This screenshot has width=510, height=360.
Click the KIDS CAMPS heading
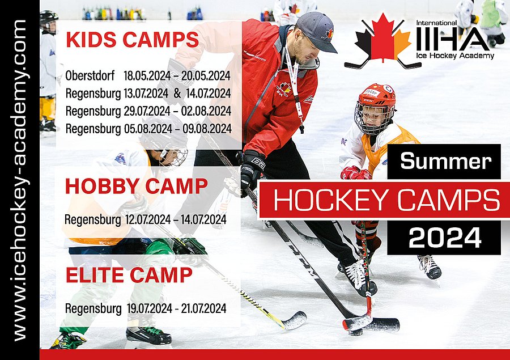(133, 40)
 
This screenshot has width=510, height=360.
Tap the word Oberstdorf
(90, 75)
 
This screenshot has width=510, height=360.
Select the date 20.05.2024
(206, 75)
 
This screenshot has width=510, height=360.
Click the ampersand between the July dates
(177, 93)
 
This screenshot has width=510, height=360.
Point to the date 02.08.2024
(206, 111)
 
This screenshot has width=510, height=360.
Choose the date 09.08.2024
(207, 129)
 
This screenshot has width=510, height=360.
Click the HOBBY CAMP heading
(136, 186)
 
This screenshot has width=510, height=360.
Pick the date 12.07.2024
(148, 220)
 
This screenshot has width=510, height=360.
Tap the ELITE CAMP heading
(129, 275)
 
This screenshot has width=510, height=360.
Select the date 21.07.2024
(203, 308)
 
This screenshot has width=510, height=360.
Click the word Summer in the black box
(445, 161)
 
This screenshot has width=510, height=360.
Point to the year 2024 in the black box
(445, 238)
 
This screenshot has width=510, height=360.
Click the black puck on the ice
(356, 332)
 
